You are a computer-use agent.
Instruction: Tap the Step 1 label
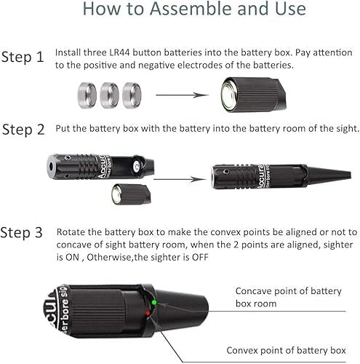tap(23, 58)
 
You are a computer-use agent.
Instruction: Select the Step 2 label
tap(23, 130)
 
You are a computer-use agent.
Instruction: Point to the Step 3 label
tap(22, 232)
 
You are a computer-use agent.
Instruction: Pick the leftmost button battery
tap(87, 95)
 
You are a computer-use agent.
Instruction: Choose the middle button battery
tap(109, 95)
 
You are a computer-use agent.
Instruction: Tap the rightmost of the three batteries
tap(132, 95)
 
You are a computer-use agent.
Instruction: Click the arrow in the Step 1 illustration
tap(183, 95)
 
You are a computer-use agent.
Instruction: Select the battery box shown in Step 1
tap(253, 95)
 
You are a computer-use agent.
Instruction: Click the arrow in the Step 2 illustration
tap(180, 180)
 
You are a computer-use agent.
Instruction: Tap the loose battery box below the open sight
tap(131, 194)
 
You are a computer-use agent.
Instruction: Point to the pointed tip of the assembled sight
tap(350, 175)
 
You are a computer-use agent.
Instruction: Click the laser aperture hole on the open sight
tap(51, 167)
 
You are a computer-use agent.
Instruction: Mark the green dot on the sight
tap(153, 302)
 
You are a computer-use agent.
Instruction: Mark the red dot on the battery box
tap(148, 313)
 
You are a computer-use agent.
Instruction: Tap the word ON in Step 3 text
tap(73, 257)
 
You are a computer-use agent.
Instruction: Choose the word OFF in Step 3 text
tap(200, 257)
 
